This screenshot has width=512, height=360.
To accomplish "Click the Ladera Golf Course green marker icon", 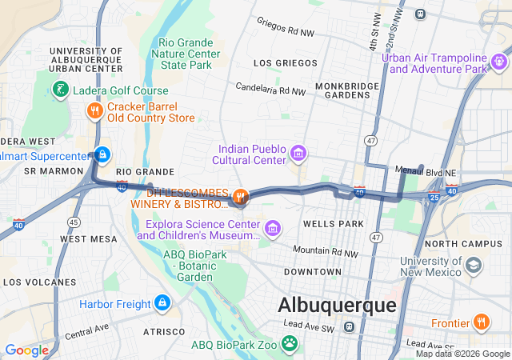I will click(59, 91).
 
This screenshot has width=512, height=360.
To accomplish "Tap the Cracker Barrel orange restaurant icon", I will click(94, 111).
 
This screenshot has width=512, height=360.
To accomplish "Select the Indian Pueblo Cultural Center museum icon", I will click(298, 153).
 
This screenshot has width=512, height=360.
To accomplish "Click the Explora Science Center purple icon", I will click(273, 229).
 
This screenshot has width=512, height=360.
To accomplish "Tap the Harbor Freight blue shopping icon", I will click(162, 303).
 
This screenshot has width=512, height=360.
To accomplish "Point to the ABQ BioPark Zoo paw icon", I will click(289, 344).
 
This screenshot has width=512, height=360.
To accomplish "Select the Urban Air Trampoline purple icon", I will click(500, 62).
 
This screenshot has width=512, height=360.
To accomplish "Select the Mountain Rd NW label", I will click(326, 251).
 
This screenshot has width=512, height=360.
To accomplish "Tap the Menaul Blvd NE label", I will click(426, 170).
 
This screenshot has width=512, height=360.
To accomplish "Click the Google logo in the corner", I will click(26, 350).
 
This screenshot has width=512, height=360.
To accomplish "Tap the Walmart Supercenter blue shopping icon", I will click(101, 154).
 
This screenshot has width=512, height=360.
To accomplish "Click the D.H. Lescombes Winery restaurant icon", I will click(239, 196).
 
